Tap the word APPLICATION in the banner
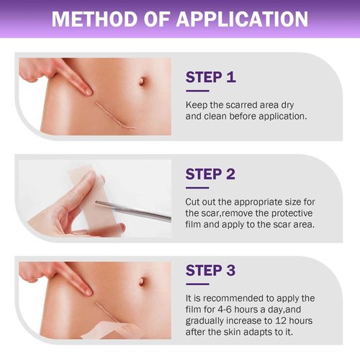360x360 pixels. [x=242, y=19]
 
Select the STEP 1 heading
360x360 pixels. [x=210, y=77]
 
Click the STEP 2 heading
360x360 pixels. [x=210, y=174]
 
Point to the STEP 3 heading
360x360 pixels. [x=210, y=271]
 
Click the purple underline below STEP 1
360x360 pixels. [x=197, y=91]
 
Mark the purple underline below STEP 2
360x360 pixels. [x=197, y=188]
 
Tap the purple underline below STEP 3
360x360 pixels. [x=197, y=284]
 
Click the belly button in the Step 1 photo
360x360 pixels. [x=142, y=81]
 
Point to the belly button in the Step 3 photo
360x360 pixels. [x=142, y=282]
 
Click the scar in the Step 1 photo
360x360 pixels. [x=115, y=116]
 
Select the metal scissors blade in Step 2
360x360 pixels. [x=133, y=211]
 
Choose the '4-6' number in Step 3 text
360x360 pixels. [x=225, y=310]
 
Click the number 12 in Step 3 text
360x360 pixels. [x=281, y=321]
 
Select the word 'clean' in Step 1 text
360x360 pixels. [x=215, y=117]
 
